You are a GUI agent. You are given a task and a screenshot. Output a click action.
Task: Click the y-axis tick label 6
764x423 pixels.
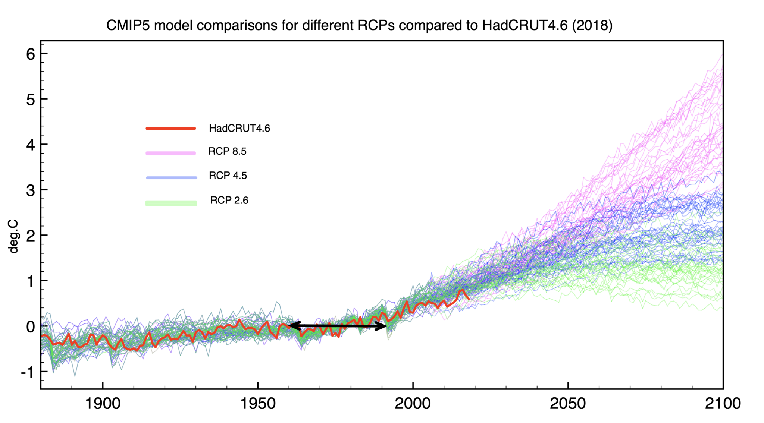[31, 54]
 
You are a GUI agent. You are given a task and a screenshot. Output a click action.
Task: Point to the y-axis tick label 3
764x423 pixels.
[31, 190]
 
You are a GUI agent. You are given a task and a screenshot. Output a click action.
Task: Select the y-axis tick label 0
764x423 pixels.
[31, 327]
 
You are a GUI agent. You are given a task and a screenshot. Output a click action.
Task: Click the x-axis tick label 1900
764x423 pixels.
[103, 404]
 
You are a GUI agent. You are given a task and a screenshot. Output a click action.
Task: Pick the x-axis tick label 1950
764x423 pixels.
[258, 404]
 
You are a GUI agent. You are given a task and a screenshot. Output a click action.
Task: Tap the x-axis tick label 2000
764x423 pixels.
[413, 404]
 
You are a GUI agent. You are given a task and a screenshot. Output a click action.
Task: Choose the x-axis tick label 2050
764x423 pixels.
[568, 404]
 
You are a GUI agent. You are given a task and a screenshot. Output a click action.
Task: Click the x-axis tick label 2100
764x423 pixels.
[723, 404]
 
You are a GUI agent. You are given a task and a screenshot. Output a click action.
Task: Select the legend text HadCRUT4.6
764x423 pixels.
[239, 128]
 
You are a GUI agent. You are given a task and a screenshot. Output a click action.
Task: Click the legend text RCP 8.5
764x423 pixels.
[227, 151]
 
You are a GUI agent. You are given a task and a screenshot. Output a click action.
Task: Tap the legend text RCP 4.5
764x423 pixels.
[228, 176]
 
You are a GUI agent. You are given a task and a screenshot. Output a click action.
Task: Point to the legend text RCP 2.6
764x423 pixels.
[229, 200]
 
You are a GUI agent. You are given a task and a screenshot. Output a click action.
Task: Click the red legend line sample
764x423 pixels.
[171, 129]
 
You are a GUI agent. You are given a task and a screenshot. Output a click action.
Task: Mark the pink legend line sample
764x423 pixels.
[171, 153]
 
